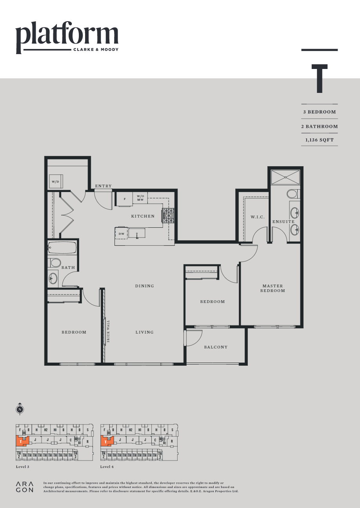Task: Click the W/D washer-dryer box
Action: tap(55, 181)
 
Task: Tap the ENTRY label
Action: tap(103, 186)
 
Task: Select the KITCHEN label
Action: tap(143, 216)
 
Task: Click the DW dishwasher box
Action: tap(122, 234)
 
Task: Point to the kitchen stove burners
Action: tap(169, 216)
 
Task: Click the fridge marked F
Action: tap(125, 199)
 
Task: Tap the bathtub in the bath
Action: tap(62, 248)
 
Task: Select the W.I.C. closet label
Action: tap(258, 217)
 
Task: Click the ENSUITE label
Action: tap(283, 222)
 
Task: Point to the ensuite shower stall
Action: tap(285, 177)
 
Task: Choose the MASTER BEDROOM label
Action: tap(273, 288)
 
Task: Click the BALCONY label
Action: tap(216, 347)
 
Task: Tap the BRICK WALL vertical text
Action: tap(108, 332)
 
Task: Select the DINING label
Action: tap(145, 286)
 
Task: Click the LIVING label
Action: tap(144, 332)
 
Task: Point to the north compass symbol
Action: tap(20, 409)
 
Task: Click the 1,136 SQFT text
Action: tap(319, 140)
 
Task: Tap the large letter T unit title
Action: tap(320, 79)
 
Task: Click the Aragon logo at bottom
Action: tap(25, 487)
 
